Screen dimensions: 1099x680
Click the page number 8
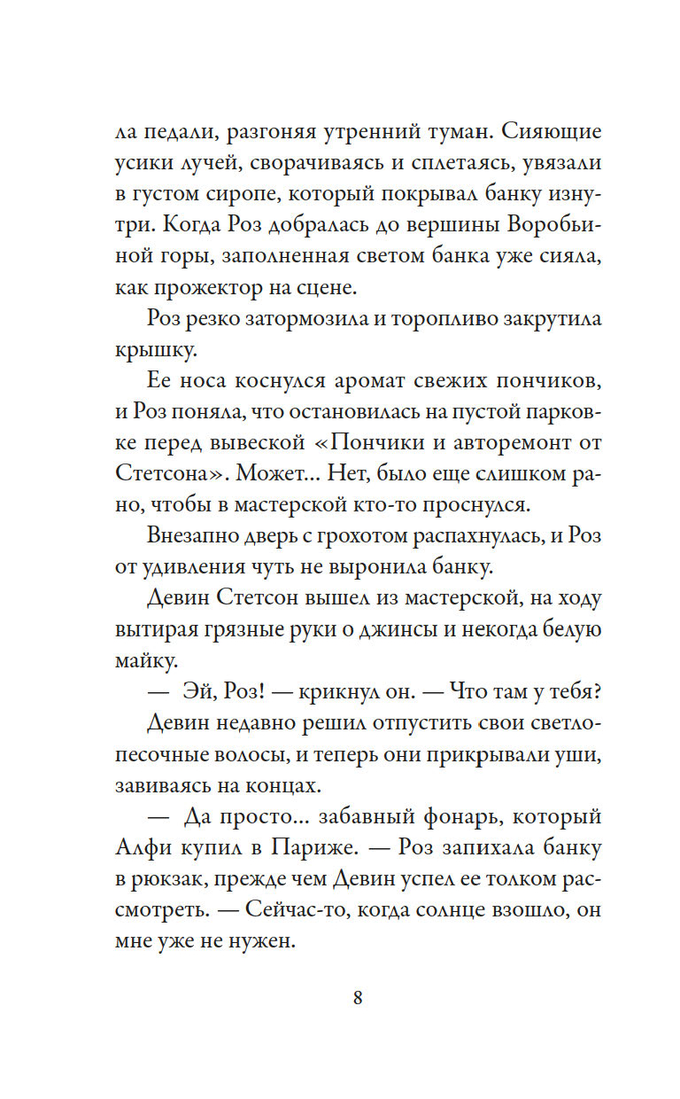(358, 997)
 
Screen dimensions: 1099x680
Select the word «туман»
(453, 133)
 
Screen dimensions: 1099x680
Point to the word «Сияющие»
(551, 133)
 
